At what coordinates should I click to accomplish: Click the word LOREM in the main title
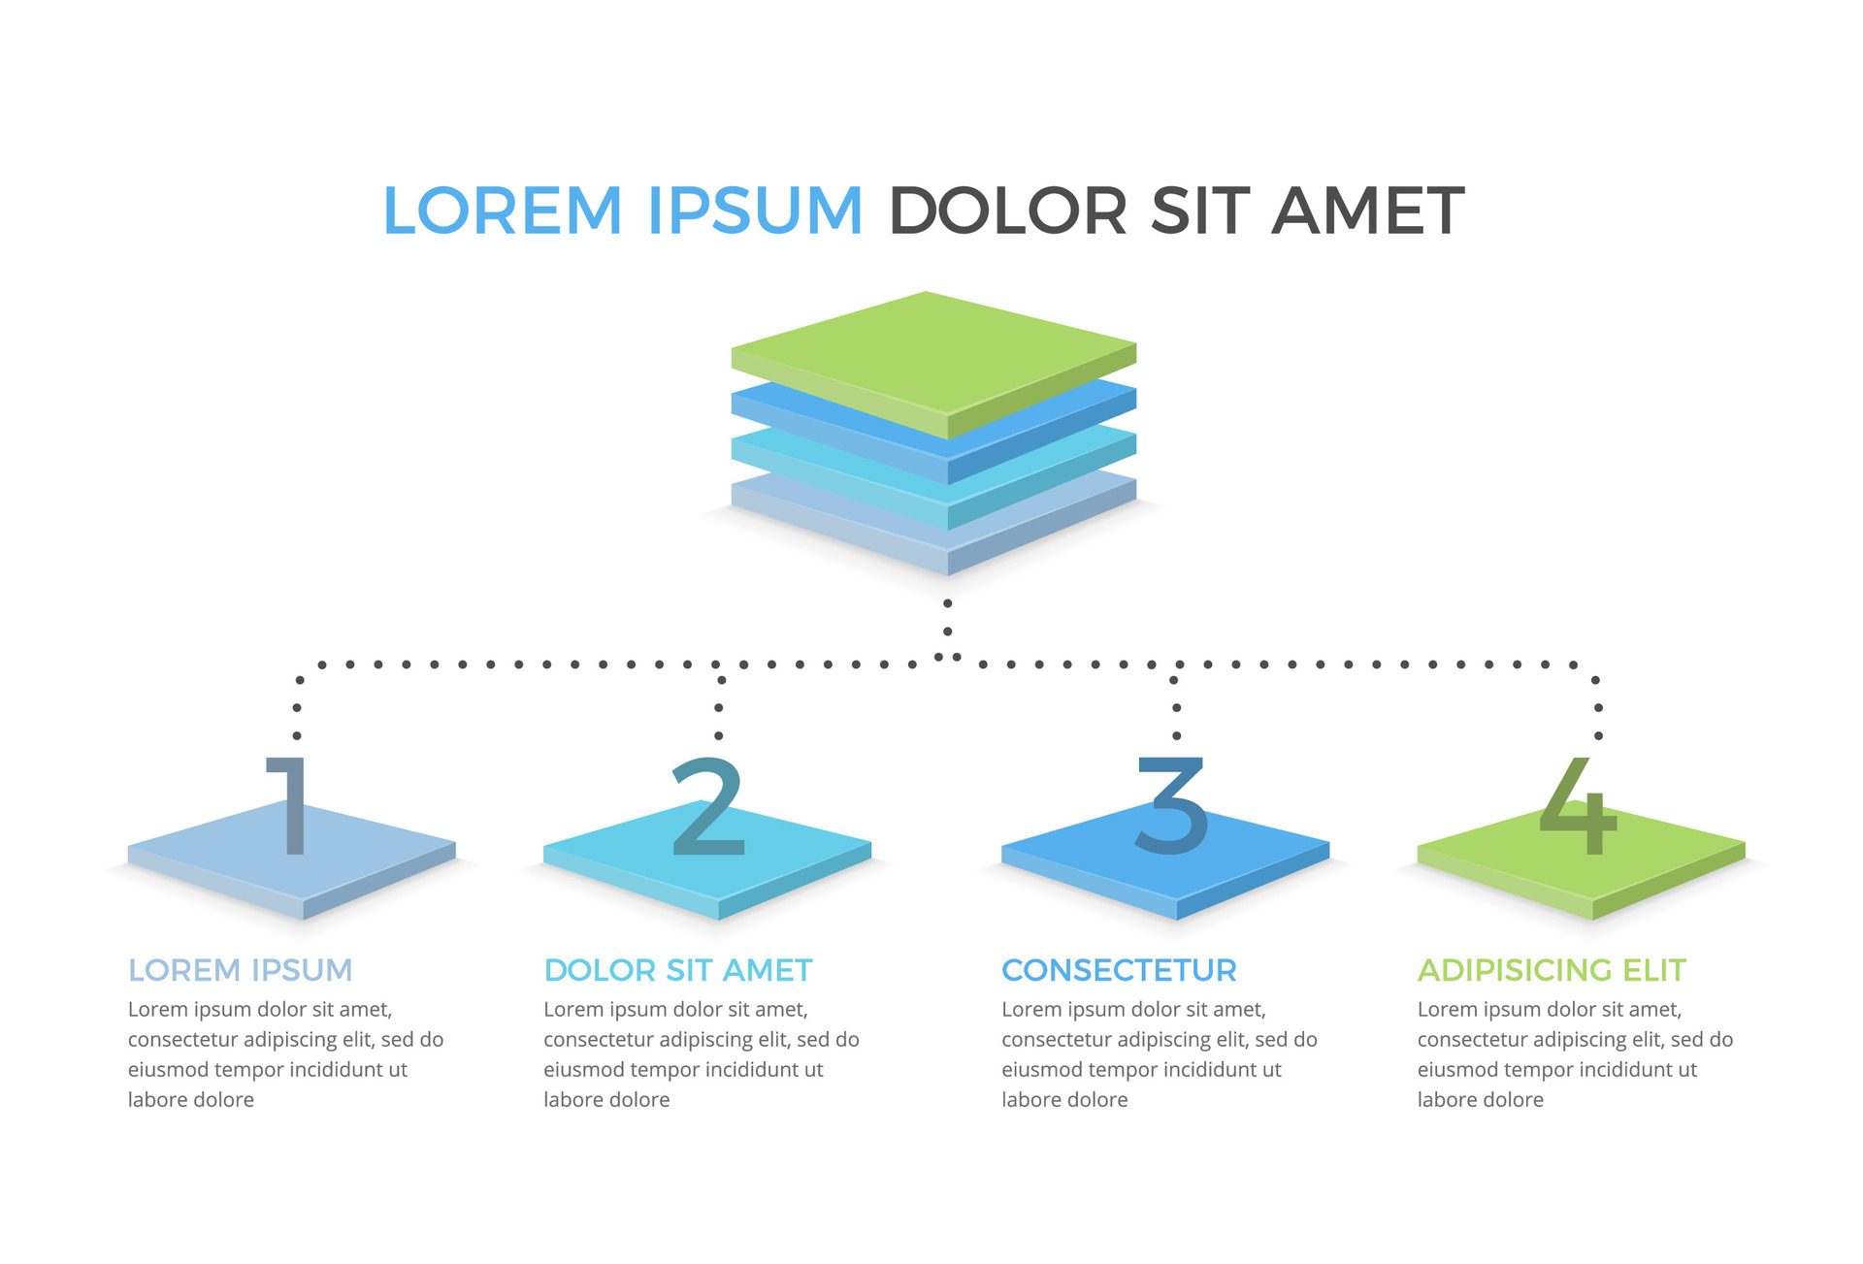502,211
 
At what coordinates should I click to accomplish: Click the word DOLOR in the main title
1007,211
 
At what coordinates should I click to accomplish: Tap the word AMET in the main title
1367,211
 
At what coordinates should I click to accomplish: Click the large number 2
708,806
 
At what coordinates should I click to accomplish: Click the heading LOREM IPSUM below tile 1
240,970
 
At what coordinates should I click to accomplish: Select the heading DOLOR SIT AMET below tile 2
677,970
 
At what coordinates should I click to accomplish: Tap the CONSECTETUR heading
1119,970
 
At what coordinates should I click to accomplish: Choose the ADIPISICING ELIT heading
1552,970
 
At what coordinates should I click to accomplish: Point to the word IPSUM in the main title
755,211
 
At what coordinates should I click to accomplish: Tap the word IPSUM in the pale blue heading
301,970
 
